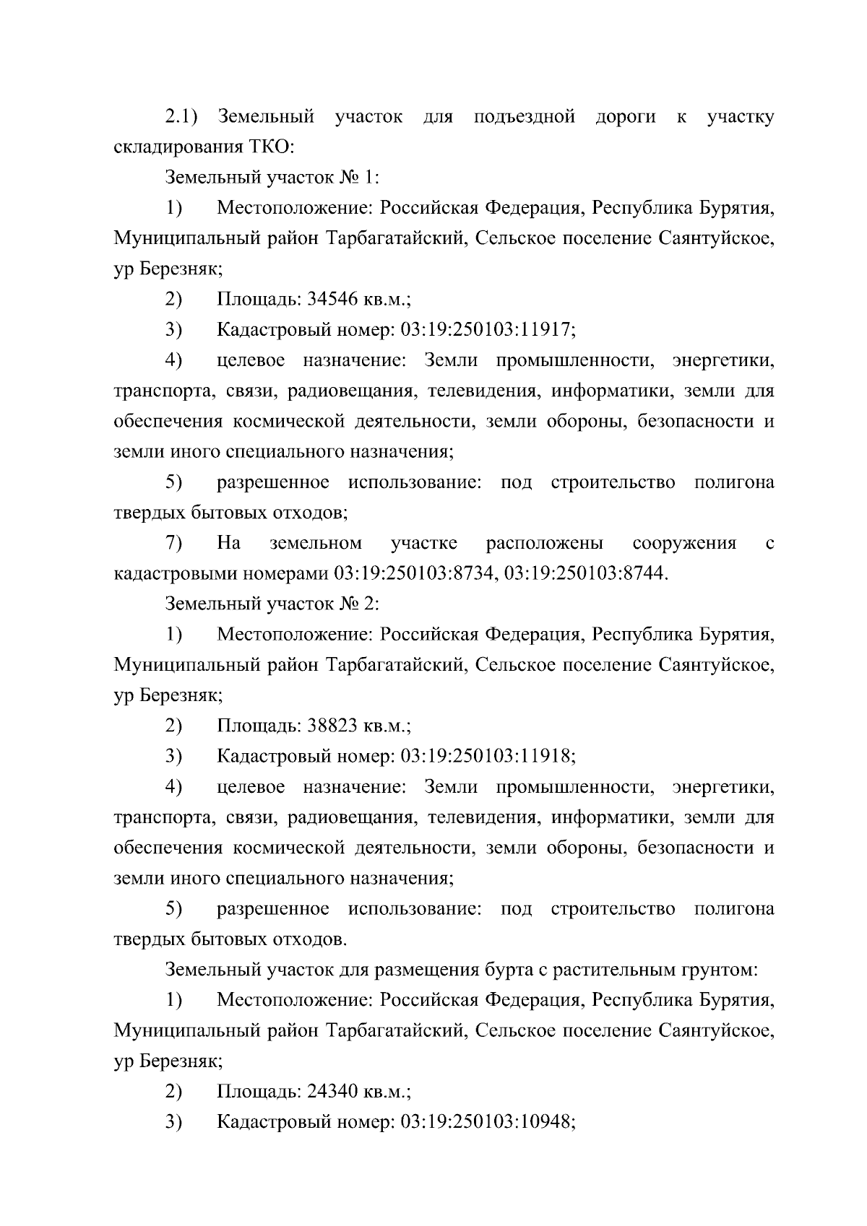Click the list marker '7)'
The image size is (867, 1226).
tap(173, 543)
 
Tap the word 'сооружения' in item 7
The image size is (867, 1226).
tap(683, 543)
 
